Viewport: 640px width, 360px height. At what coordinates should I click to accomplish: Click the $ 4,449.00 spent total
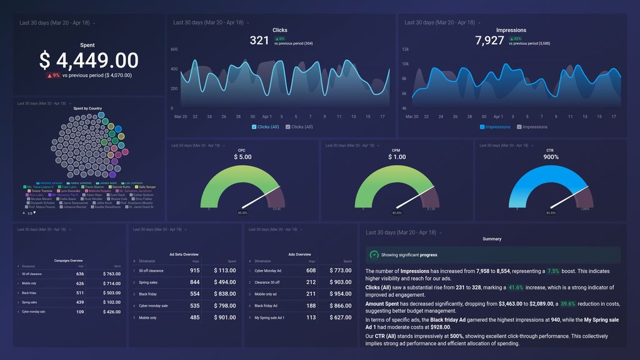(x=88, y=60)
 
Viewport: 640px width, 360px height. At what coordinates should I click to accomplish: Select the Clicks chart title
(x=280, y=30)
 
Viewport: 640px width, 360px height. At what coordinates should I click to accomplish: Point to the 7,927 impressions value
(x=489, y=41)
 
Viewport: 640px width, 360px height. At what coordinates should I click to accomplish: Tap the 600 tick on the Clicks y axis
(x=174, y=49)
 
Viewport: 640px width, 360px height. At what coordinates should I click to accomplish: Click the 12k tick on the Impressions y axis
(x=406, y=49)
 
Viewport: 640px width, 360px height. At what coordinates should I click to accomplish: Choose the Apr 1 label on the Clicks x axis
(x=267, y=116)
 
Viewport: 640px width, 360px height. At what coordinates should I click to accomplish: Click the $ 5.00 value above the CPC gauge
(x=242, y=157)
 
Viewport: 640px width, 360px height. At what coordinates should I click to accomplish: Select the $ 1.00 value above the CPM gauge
(x=397, y=157)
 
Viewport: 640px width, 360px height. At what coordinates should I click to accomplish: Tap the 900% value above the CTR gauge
(x=551, y=157)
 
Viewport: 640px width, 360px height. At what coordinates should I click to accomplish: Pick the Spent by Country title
(x=87, y=109)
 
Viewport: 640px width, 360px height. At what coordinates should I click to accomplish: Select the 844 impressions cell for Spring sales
(x=195, y=282)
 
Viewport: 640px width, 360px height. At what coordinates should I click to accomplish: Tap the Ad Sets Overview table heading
(x=184, y=254)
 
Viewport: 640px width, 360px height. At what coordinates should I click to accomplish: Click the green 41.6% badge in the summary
(x=515, y=287)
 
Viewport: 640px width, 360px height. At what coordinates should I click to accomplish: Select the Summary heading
(x=492, y=239)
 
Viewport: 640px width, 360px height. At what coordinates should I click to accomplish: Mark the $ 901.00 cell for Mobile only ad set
(x=224, y=317)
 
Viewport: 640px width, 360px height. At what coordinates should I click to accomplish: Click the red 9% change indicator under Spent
(x=53, y=76)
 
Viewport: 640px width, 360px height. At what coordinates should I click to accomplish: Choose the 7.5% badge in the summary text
(x=553, y=271)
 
